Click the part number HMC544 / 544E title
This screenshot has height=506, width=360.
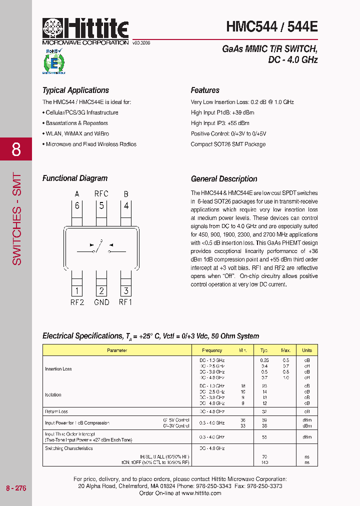pyautogui.click(x=271, y=26)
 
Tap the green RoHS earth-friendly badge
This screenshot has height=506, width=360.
pyautogui.click(x=54, y=61)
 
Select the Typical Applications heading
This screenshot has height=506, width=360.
pyautogui.click(x=75, y=90)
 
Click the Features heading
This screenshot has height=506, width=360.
pyautogui.click(x=205, y=90)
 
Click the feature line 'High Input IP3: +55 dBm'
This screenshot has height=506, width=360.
pyautogui.click(x=220, y=123)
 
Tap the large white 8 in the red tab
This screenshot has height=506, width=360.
pyautogui.click(x=16, y=149)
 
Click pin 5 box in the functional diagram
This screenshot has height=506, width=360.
pyautogui.click(x=101, y=205)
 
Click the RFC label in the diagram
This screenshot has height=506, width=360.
pyautogui.click(x=101, y=193)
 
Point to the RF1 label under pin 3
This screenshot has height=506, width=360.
pyautogui.click(x=125, y=302)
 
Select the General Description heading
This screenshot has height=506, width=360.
pyautogui.click(x=224, y=179)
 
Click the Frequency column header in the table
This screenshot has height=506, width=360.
pyautogui.click(x=212, y=350)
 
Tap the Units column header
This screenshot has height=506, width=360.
pyautogui.click(x=307, y=350)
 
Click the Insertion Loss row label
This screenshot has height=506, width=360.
pyautogui.click(x=58, y=369)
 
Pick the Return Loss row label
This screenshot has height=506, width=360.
pyautogui.click(x=56, y=412)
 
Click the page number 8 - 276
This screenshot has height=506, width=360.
pyautogui.click(x=16, y=488)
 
